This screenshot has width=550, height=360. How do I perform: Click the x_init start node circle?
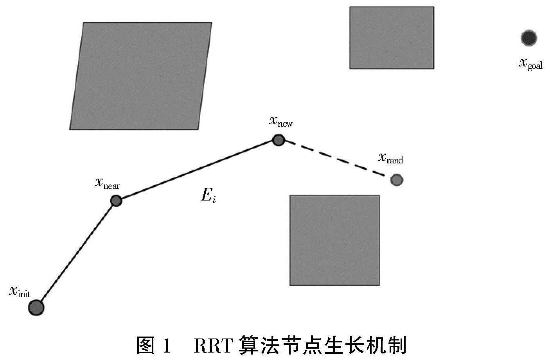(36, 308)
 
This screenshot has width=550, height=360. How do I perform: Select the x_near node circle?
(116, 201)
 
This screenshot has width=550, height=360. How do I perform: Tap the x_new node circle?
(278, 140)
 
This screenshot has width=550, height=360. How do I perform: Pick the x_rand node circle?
(397, 180)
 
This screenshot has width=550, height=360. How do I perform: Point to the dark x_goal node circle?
(529, 38)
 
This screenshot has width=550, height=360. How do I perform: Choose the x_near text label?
(107, 183)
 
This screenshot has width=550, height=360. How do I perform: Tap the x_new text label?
(280, 121)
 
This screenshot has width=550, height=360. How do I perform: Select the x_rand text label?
(390, 158)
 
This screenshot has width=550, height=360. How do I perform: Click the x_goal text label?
(530, 63)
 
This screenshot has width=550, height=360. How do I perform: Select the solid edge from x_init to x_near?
(76, 254)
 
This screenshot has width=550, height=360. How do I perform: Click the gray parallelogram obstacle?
(141, 76)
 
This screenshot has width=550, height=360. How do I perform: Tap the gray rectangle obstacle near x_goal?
(391, 38)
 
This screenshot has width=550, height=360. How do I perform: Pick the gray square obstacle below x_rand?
(334, 240)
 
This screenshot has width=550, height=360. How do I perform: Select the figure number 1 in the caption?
(167, 346)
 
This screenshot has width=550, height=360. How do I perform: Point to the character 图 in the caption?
(146, 346)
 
